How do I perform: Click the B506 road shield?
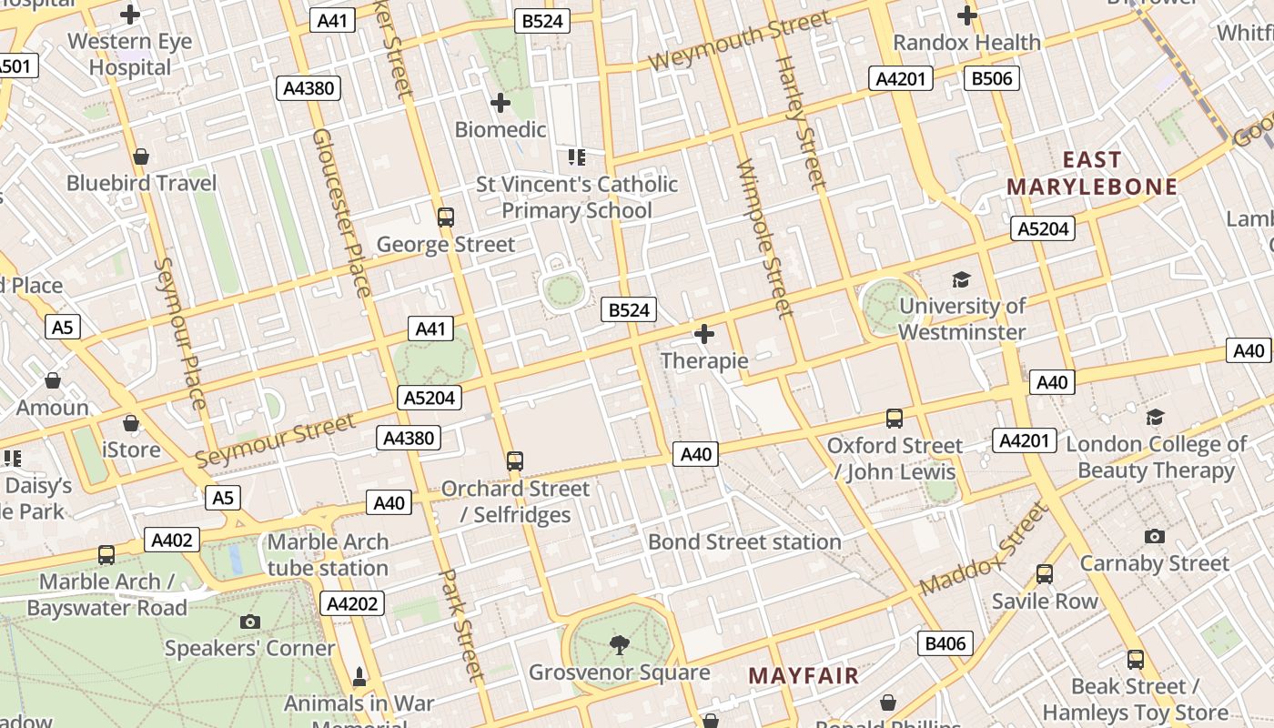[x=992, y=78]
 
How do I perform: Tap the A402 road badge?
[x=171, y=541]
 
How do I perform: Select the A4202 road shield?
[x=351, y=603]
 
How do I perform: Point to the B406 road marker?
[x=945, y=644]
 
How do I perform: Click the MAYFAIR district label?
[x=803, y=675]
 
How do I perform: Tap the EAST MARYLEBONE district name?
[x=1092, y=174]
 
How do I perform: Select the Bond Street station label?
[x=744, y=542]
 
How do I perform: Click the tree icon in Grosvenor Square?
[x=619, y=645]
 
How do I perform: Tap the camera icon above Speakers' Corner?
[x=249, y=622]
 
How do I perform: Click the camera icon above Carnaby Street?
[x=1154, y=537]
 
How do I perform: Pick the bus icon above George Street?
[x=445, y=217]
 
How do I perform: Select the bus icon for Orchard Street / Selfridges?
[x=515, y=461]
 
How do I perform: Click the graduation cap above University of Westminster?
[x=961, y=279]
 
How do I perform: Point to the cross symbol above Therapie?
[x=703, y=335]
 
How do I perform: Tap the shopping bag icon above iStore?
[x=131, y=423]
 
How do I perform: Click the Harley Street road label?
[x=801, y=123]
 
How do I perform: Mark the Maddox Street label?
[x=985, y=551]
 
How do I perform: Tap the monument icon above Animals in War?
[x=359, y=677]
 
